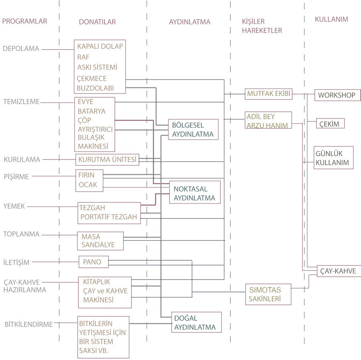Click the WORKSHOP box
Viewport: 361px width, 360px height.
click(337, 95)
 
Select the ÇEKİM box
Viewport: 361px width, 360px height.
click(331, 124)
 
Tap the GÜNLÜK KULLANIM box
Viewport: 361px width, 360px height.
click(333, 158)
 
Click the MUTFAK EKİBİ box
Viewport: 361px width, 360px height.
click(268, 94)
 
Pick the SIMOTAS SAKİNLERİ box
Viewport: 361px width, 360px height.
click(268, 294)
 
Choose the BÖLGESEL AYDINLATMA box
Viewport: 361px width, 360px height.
click(193, 130)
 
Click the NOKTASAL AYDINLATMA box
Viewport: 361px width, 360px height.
click(195, 193)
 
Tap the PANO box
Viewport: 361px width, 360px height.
click(93, 262)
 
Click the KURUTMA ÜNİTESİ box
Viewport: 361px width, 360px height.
click(107, 159)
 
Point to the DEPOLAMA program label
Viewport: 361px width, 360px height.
click(21, 49)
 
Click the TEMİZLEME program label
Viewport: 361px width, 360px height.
click(21, 102)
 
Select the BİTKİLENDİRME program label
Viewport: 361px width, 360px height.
click(28, 324)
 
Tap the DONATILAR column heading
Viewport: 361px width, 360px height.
click(97, 22)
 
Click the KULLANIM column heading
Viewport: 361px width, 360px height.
click(331, 19)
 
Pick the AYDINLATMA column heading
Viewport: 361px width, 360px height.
click(189, 22)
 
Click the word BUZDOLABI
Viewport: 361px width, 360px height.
click(95, 88)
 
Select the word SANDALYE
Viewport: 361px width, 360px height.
click(98, 245)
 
